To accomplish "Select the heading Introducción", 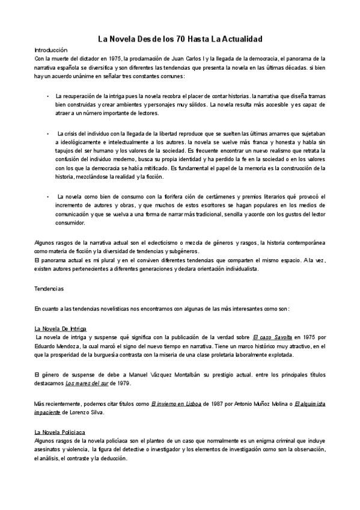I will pyautogui.click(x=50, y=50).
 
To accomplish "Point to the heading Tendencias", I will pyautogui.click(x=49, y=289).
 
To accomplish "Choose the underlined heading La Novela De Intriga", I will pyautogui.click(x=61, y=329).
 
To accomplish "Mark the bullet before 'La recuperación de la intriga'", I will pyautogui.click(x=47, y=96).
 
